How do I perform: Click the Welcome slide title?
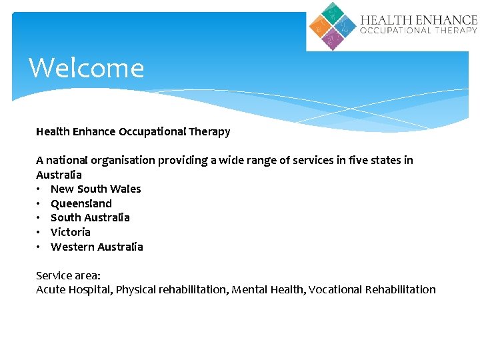point(87,68)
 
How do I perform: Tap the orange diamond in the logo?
point(320,26)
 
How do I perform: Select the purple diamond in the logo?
point(332,39)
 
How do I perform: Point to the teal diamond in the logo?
point(332,13)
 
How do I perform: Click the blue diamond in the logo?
point(345,26)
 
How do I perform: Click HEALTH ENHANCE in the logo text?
point(419,20)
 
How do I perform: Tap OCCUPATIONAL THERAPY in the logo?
point(419,31)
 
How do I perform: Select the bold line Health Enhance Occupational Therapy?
point(133,131)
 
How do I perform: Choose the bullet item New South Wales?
point(95,189)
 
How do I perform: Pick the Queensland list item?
point(81,203)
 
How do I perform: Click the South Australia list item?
point(90,217)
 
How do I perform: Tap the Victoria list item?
point(71,232)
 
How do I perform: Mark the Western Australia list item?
point(97,247)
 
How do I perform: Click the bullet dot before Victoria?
point(39,232)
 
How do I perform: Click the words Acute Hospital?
point(73,289)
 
